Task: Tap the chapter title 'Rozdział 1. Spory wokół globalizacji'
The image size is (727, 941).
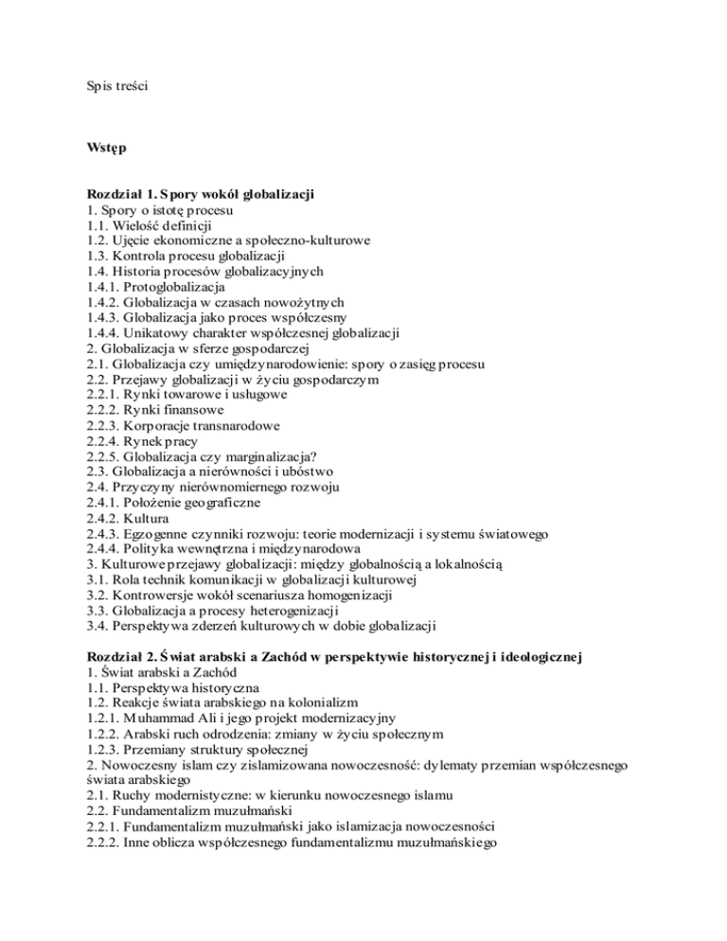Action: coord(197,194)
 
